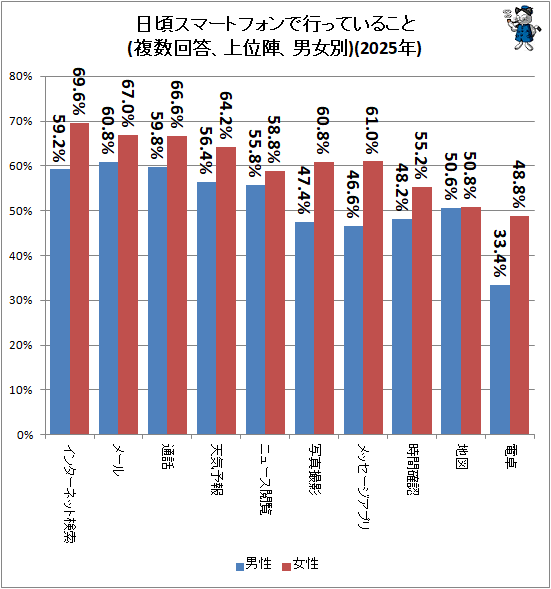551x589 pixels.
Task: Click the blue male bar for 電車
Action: pyautogui.click(x=500, y=359)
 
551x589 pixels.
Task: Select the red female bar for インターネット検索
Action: pyautogui.click(x=80, y=279)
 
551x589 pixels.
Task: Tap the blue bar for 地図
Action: pyautogui.click(x=451, y=321)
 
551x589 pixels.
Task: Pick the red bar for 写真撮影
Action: pyautogui.click(x=324, y=298)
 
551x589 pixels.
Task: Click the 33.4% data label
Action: pyautogui.click(x=500, y=253)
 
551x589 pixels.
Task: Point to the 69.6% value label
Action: pyautogui.click(x=79, y=91)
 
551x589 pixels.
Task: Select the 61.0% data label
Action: pyautogui.click(x=372, y=130)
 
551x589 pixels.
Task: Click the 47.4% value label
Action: pyautogui.click(x=305, y=190)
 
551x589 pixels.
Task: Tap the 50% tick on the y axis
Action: pyautogui.click(x=21, y=211)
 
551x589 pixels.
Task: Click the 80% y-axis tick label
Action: pyautogui.click(x=21, y=77)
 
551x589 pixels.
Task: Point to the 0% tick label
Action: pyautogui.click(x=25, y=435)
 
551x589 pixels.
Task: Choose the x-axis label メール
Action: pyautogui.click(x=119, y=460)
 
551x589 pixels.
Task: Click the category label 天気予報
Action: pyautogui.click(x=217, y=469)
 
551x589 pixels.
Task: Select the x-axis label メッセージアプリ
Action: pyautogui.click(x=364, y=486)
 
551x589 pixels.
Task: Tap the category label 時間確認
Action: pyautogui.click(x=413, y=469)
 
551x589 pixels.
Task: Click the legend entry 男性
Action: pyautogui.click(x=253, y=563)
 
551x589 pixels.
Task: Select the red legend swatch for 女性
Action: pyautogui.click(x=287, y=566)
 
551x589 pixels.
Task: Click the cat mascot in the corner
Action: pyautogui.click(x=523, y=27)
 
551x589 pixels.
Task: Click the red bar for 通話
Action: pyautogui.click(x=177, y=285)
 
